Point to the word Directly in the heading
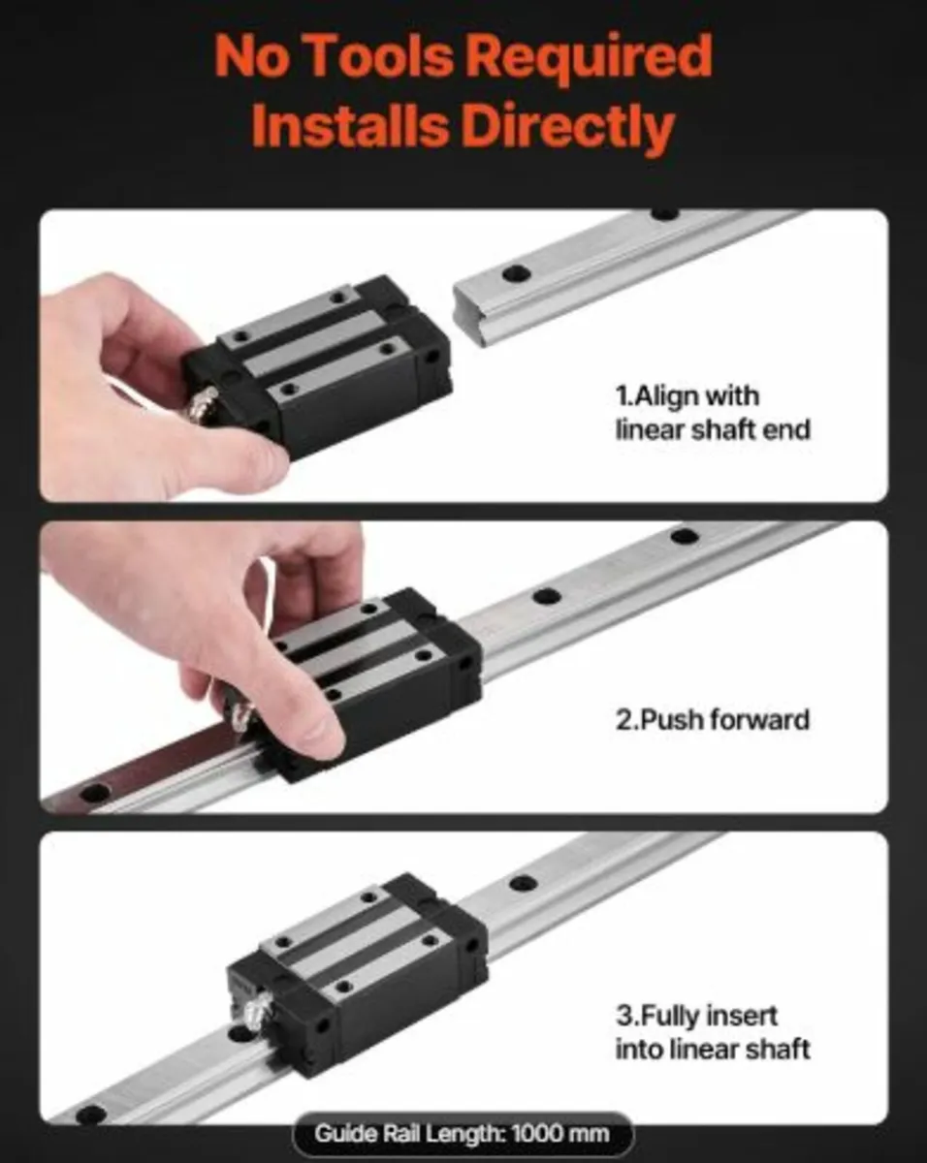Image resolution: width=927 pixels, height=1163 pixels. [567, 127]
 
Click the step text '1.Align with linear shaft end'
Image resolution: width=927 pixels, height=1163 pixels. [712, 412]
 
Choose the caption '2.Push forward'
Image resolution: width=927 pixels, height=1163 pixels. [713, 720]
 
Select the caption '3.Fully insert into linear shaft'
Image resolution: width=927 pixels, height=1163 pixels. [713, 1032]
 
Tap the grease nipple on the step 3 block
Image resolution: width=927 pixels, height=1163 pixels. [251, 1010]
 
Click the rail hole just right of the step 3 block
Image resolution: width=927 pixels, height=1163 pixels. [524, 883]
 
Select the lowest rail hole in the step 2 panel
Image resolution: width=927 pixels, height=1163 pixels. [94, 793]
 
